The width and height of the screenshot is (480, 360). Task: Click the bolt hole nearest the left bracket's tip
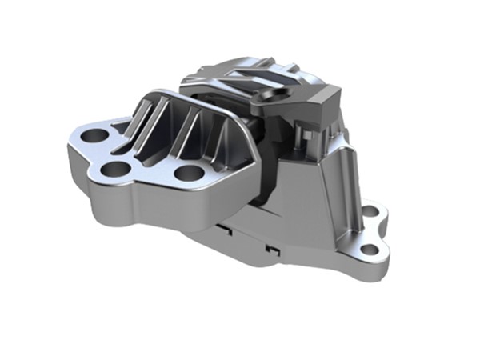tap(94, 135)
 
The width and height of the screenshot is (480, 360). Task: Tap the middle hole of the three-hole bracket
tap(117, 169)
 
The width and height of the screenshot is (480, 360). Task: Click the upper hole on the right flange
tap(370, 212)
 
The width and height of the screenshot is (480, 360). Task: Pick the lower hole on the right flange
tap(370, 250)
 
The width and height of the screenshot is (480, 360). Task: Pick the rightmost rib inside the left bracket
tap(210, 132)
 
